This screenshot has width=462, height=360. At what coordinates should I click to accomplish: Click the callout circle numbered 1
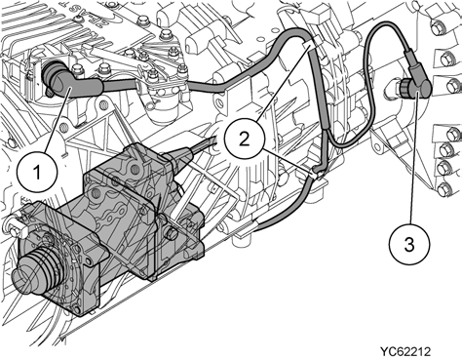(38, 172)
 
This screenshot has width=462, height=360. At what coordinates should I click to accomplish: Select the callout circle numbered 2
(245, 140)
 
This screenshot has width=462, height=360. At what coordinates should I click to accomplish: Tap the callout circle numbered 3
(409, 244)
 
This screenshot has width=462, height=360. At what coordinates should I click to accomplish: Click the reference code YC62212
(405, 351)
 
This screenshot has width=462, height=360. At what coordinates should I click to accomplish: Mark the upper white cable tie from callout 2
(309, 45)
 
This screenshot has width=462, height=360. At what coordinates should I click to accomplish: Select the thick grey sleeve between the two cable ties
(320, 88)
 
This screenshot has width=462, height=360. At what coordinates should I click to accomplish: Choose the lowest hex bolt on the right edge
(443, 189)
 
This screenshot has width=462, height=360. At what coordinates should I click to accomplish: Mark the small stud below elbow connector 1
(50, 93)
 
